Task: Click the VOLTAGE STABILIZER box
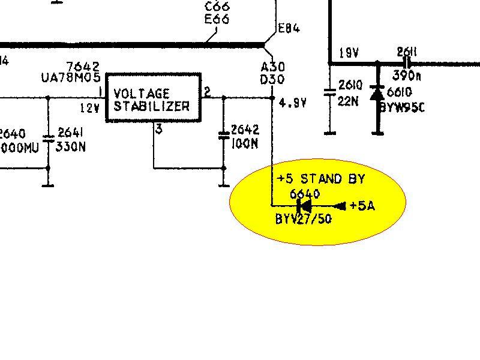click(153, 98)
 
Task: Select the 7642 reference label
click(83, 66)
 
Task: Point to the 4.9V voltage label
click(293, 103)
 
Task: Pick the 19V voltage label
click(349, 53)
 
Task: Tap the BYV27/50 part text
click(303, 220)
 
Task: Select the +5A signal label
click(362, 206)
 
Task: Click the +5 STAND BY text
click(321, 179)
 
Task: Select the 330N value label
click(70, 146)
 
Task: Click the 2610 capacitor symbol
click(329, 92)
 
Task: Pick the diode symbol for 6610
click(377, 94)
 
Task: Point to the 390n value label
click(407, 76)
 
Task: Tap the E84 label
click(289, 28)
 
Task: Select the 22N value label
click(348, 101)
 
